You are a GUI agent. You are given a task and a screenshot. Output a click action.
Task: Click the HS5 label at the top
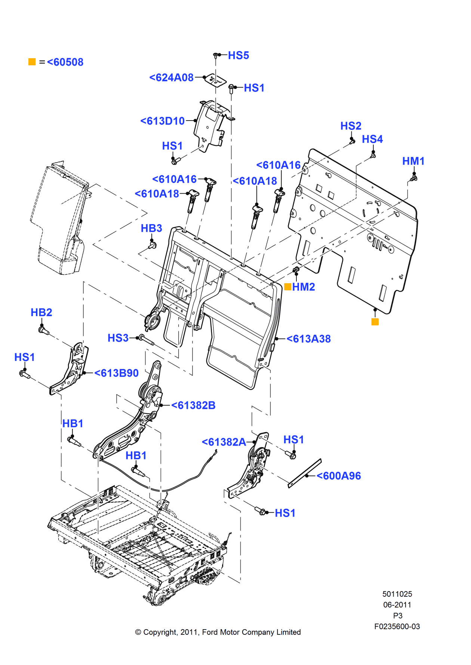pos(238,56)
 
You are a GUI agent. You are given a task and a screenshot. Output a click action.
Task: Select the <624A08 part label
pos(172,78)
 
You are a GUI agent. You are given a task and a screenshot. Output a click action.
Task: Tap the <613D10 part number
pos(163,121)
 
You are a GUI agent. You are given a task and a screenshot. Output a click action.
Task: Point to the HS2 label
pos(351,126)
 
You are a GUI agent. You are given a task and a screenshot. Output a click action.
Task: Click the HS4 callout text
pos(372,140)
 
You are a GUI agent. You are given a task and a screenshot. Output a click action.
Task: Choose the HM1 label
pos(413,161)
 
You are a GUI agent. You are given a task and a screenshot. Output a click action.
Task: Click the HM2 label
pos(304,287)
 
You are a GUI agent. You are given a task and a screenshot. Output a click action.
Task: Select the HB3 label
pos(151,228)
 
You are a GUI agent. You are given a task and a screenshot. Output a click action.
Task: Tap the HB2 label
pos(41,313)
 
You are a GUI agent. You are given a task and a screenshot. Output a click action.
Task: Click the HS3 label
pos(118,338)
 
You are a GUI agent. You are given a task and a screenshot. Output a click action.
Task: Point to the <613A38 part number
pos(309,339)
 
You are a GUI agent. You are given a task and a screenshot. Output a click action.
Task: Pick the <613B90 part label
pos(117,373)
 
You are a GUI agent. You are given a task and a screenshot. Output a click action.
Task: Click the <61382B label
pos(194,406)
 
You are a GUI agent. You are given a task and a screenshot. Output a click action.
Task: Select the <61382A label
pos(224,442)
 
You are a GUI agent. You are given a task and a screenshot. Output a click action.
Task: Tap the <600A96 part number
pos(339,476)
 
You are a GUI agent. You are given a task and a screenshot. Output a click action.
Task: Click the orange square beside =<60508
pos(32,62)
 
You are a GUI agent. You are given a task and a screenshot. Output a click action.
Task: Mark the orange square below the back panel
pos(375,322)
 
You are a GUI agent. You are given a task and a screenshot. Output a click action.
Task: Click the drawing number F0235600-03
pos(397,627)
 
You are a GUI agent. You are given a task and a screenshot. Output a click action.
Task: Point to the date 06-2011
pos(397,605)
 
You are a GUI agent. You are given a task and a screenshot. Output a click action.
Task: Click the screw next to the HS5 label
pos(216,55)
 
